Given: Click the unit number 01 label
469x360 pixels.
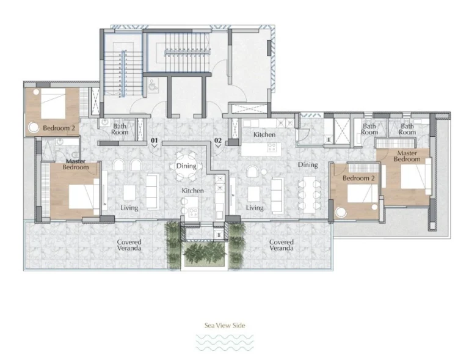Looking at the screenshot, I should point(155,141).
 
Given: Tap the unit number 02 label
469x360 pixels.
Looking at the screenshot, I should point(218,141).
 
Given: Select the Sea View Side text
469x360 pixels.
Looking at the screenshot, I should point(225,326).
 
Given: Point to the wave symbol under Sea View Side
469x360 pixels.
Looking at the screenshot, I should point(225,342).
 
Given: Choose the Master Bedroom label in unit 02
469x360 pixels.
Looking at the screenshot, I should point(407,156).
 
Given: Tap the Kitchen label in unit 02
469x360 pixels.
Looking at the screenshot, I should point(264,134).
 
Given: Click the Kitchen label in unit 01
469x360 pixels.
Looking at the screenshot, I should point(192,191).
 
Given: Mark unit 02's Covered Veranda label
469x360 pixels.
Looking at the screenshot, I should point(281,245).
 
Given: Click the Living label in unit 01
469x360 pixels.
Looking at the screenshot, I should point(129,208).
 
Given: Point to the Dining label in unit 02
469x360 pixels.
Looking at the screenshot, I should point(308,165).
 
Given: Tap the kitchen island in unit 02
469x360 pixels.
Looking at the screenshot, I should point(260,149).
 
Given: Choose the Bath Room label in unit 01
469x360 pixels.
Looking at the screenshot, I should point(120,129).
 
